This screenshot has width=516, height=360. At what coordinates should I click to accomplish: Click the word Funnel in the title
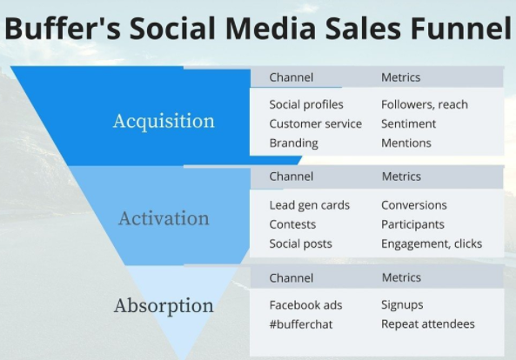tap(460, 28)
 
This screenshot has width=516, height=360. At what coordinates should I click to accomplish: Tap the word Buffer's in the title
tap(63, 28)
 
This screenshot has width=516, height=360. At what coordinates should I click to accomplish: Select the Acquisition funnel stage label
tap(164, 121)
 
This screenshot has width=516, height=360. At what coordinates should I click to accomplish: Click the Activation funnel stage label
tap(164, 218)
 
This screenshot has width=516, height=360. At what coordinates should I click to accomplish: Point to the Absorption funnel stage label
tap(164, 306)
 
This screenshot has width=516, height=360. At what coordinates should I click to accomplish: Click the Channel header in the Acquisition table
tap(292, 77)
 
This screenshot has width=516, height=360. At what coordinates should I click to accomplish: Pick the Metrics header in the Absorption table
tap(401, 277)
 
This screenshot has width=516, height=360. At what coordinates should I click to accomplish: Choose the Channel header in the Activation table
tap(292, 177)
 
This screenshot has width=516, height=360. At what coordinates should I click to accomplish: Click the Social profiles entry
tap(306, 105)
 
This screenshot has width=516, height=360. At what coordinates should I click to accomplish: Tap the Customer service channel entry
tap(316, 124)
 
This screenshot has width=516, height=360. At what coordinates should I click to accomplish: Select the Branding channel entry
tap(294, 143)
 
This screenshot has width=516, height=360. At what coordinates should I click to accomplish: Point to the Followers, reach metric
tap(425, 105)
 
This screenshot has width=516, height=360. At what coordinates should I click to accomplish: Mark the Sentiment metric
tap(408, 124)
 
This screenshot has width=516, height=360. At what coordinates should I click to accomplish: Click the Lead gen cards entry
tap(309, 205)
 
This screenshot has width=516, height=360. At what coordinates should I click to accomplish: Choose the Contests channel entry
tap(292, 224)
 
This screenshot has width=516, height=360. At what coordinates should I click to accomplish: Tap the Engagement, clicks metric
tap(432, 244)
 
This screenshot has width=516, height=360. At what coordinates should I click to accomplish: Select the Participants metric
tap(412, 225)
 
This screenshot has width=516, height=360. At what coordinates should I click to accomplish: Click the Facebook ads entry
tap(305, 305)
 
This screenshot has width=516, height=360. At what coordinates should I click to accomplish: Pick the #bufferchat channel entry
tap(301, 324)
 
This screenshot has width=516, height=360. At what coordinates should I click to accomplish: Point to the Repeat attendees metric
tap(428, 324)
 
